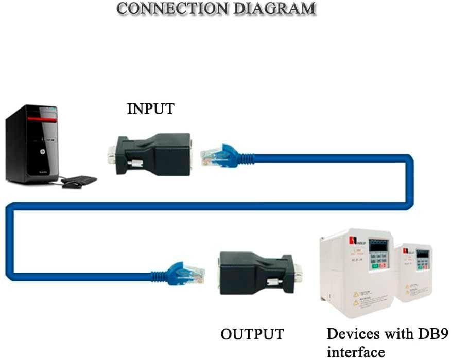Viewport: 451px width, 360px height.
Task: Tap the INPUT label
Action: pos(150,109)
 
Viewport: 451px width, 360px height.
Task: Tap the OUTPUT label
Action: pos(252,334)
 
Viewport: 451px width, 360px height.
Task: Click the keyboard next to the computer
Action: pos(79,181)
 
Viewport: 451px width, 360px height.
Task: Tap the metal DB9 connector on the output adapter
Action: pos(298,273)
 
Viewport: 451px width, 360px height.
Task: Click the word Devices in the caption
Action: pos(355,334)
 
